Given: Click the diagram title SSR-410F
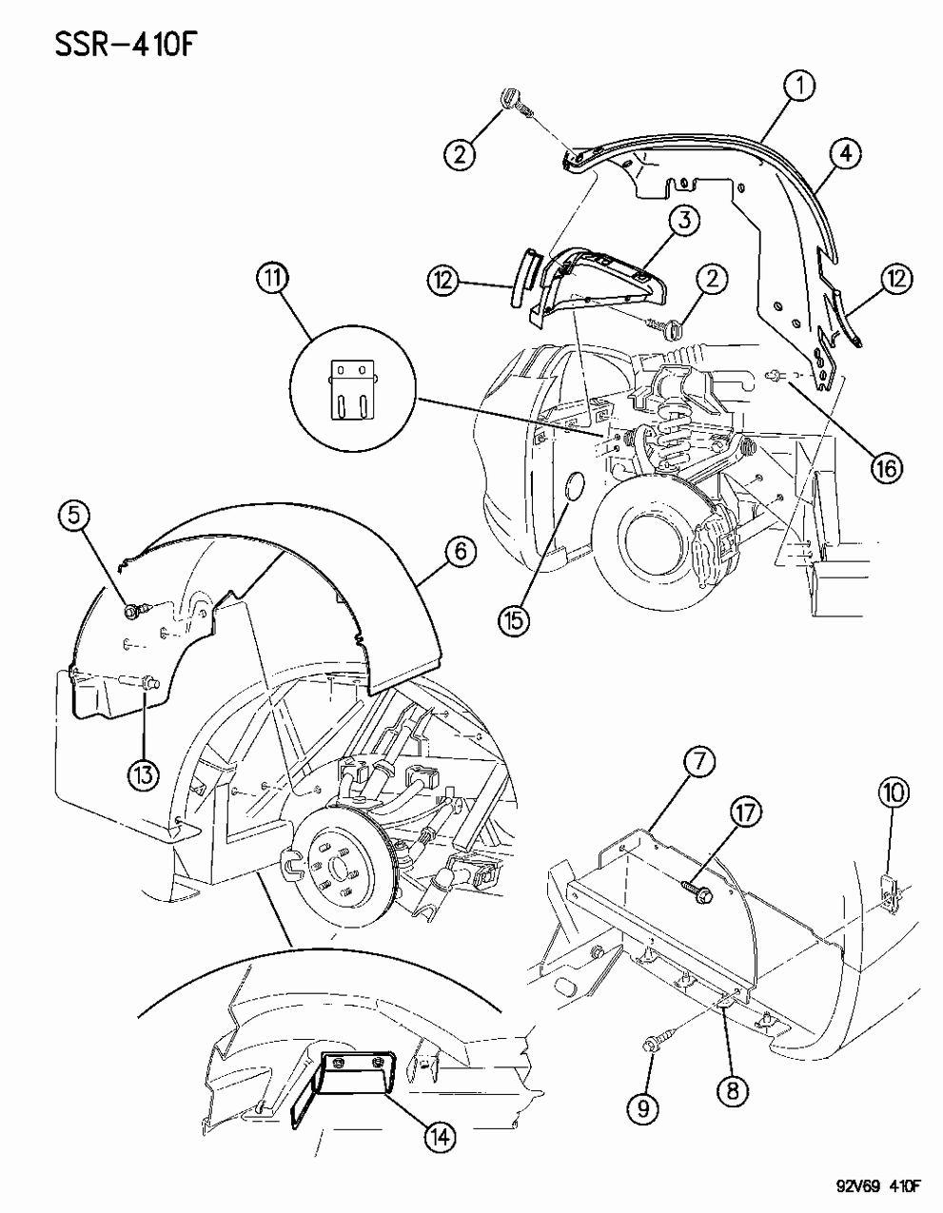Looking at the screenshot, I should (x=106, y=45).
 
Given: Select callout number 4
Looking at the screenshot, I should (x=844, y=152).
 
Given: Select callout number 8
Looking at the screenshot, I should (x=731, y=1093).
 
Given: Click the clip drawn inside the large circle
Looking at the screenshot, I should (x=351, y=387).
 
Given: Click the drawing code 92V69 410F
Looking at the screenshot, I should (x=871, y=1185).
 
